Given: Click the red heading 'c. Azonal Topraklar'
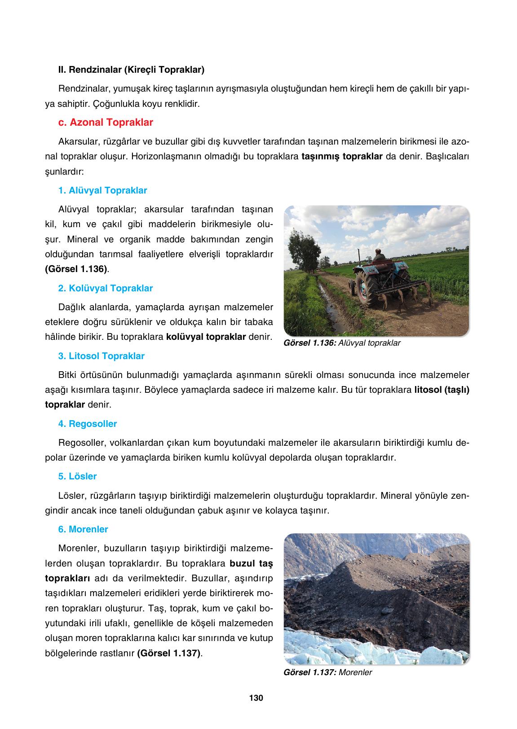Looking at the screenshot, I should click(106, 123).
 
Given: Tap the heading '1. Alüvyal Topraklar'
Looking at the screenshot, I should click(102, 190).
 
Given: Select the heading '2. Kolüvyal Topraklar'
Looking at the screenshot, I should click(106, 288).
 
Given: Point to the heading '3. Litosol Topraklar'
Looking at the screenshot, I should click(101, 356).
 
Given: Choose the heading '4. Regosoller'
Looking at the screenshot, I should click(88, 424).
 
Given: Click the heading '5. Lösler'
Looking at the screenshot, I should click(77, 476).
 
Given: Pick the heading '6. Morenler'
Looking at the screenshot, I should click(83, 529).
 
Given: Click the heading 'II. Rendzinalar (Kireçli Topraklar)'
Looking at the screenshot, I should click(131, 70).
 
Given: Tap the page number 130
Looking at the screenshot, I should click(256, 698).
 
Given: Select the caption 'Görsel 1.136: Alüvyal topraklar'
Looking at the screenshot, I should click(342, 343).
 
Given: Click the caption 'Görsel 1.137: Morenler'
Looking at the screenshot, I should click(328, 672).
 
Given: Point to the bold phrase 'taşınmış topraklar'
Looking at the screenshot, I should click(342, 157).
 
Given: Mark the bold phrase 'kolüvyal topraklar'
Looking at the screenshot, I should click(206, 337).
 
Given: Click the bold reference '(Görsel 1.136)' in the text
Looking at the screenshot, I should click(76, 269).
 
